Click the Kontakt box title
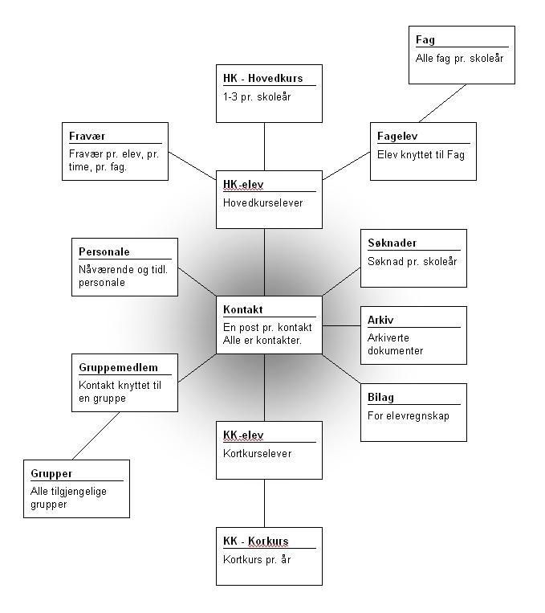click(x=243, y=310)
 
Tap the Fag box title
click(x=425, y=39)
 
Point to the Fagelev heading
click(x=398, y=136)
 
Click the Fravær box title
click(x=87, y=136)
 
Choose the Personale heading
click(x=104, y=251)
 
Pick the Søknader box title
click(x=392, y=243)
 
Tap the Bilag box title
click(x=380, y=397)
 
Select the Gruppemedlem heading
click(x=112, y=367)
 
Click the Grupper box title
click(x=51, y=473)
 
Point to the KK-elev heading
click(x=243, y=435)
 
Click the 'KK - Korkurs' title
click(x=255, y=541)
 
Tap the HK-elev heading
click(x=243, y=185)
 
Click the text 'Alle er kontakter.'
click(x=262, y=340)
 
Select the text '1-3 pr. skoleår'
click(x=257, y=96)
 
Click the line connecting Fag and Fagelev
click(x=444, y=103)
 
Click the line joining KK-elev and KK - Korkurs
click(x=265, y=503)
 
